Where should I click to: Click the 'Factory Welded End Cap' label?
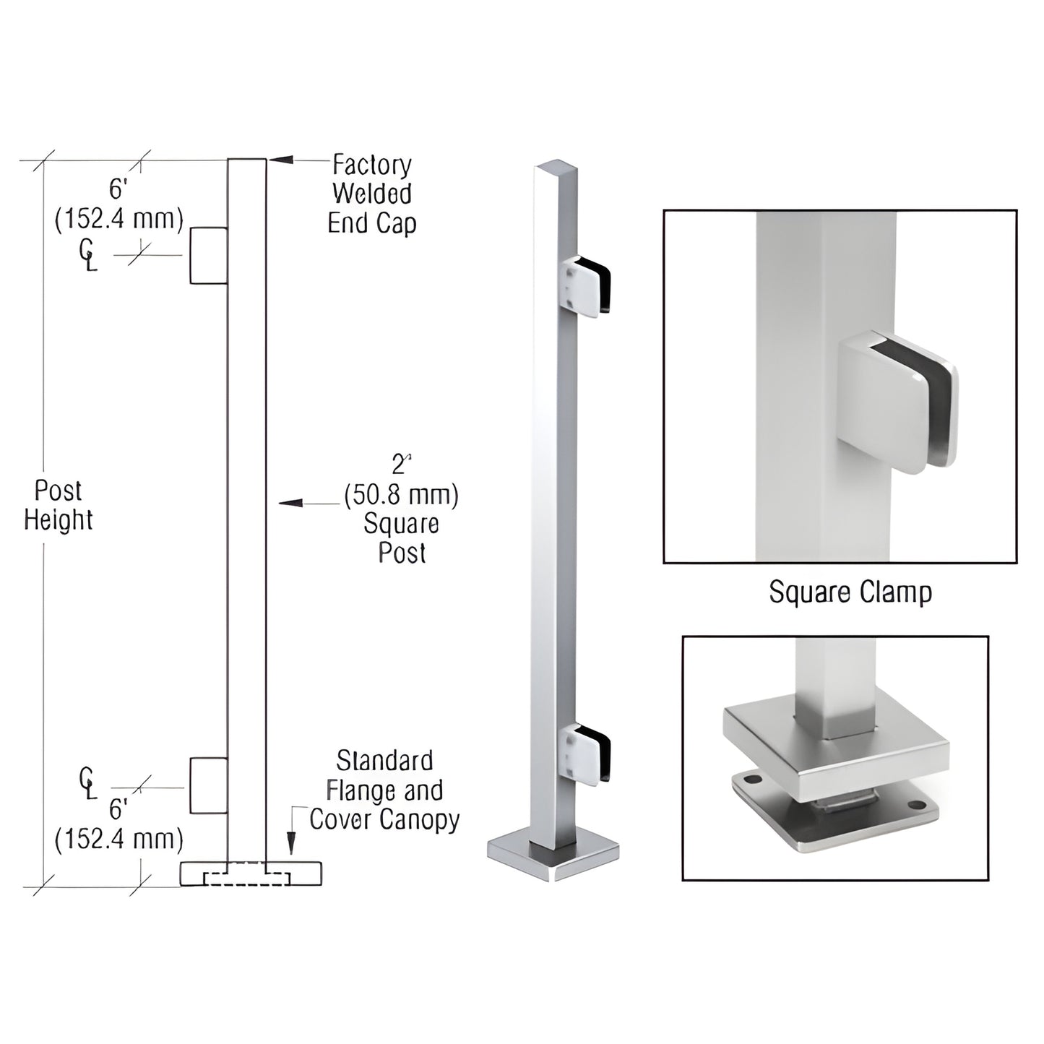[x=371, y=194]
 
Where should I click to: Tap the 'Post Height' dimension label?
[x=58, y=506]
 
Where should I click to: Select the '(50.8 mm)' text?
[x=401, y=495]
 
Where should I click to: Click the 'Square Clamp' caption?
[x=850, y=592]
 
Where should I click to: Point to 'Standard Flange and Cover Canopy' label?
[x=384, y=790]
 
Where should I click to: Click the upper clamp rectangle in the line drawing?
[x=209, y=255]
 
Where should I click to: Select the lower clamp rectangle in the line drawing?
[x=209, y=785]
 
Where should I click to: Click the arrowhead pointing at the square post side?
[x=290, y=502]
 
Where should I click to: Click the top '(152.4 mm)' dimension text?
[x=119, y=218]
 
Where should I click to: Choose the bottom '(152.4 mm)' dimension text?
[x=119, y=839]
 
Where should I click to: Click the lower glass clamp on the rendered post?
[x=587, y=755]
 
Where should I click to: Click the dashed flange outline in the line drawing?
[x=247, y=879]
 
